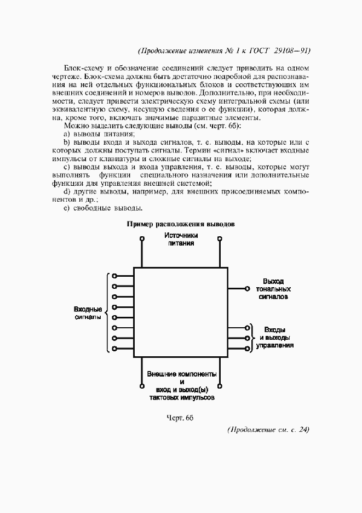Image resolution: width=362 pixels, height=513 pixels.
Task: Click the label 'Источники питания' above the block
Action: (181, 240)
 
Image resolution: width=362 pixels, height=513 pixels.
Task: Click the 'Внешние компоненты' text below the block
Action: (181, 374)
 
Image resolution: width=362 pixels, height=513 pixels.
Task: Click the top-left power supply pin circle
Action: (142, 239)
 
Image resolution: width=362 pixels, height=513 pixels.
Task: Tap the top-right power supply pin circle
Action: (220, 239)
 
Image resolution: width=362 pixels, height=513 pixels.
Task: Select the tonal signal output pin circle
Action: (248, 288)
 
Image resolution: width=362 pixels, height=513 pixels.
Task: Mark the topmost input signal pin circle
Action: (114, 276)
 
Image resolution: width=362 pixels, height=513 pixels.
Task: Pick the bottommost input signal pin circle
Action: (114, 349)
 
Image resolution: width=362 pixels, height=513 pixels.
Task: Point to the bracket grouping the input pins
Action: (107, 312)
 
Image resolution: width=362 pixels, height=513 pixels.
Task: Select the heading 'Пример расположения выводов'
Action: (181, 224)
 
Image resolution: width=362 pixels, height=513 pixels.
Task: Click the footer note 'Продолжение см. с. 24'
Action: (268, 429)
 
